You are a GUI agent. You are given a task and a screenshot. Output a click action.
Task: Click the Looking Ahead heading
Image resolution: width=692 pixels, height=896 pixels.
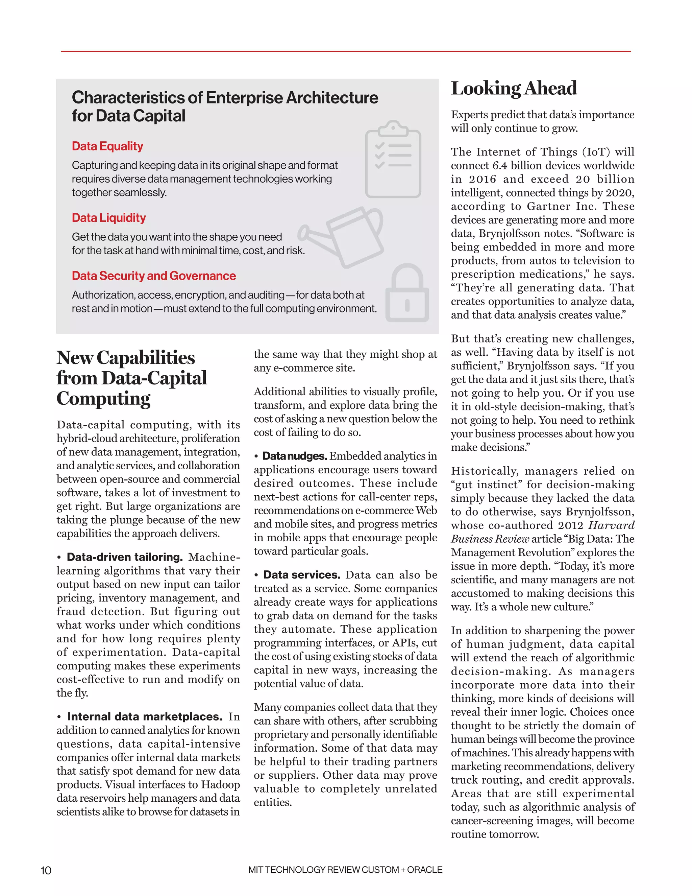tap(514, 89)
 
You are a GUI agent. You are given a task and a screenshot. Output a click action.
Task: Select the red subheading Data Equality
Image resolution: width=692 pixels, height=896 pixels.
tap(107, 146)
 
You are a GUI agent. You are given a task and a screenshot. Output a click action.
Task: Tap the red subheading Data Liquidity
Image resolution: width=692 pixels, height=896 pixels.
tap(109, 218)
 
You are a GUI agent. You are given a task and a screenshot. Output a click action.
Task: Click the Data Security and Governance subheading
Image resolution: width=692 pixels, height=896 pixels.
tap(154, 276)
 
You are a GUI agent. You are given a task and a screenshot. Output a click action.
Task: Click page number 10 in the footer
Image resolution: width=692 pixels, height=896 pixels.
tap(46, 870)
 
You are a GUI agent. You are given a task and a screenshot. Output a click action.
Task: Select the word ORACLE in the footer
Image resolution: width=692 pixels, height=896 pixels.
tap(425, 870)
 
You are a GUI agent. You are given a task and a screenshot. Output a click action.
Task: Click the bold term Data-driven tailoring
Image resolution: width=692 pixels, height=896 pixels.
tap(125, 557)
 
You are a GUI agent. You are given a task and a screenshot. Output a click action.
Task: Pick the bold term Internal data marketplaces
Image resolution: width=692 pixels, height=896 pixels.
tap(145, 717)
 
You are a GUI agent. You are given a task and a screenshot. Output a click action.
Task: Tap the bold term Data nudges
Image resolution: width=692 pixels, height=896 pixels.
tap(294, 456)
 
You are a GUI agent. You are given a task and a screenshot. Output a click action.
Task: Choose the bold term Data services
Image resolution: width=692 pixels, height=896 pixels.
tap(302, 575)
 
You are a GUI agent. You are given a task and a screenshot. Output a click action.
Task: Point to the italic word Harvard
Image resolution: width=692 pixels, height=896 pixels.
tap(611, 525)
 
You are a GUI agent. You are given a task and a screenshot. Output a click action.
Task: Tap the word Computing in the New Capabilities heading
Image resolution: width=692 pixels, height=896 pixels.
tap(104, 399)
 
